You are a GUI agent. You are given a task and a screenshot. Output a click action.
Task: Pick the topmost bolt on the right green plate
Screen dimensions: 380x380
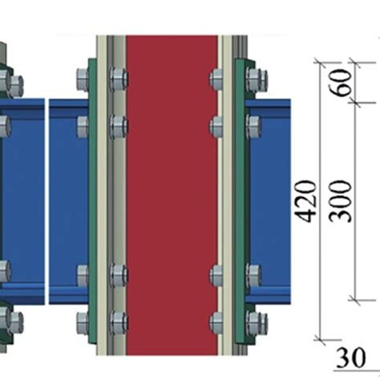click(x=256, y=79)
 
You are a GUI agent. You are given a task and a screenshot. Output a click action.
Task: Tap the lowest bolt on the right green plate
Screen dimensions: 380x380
click(x=256, y=323)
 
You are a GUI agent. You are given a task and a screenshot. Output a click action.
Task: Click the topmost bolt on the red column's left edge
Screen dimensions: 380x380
click(x=117, y=79)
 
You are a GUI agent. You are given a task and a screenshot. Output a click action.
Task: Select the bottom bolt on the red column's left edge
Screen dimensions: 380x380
click(x=117, y=323)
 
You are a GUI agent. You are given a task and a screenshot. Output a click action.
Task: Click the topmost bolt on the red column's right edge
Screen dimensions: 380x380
click(x=216, y=79)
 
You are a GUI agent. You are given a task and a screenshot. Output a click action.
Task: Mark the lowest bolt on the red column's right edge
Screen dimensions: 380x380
click(x=216, y=323)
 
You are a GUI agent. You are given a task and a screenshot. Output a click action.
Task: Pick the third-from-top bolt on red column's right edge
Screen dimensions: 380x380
click(x=216, y=277)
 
